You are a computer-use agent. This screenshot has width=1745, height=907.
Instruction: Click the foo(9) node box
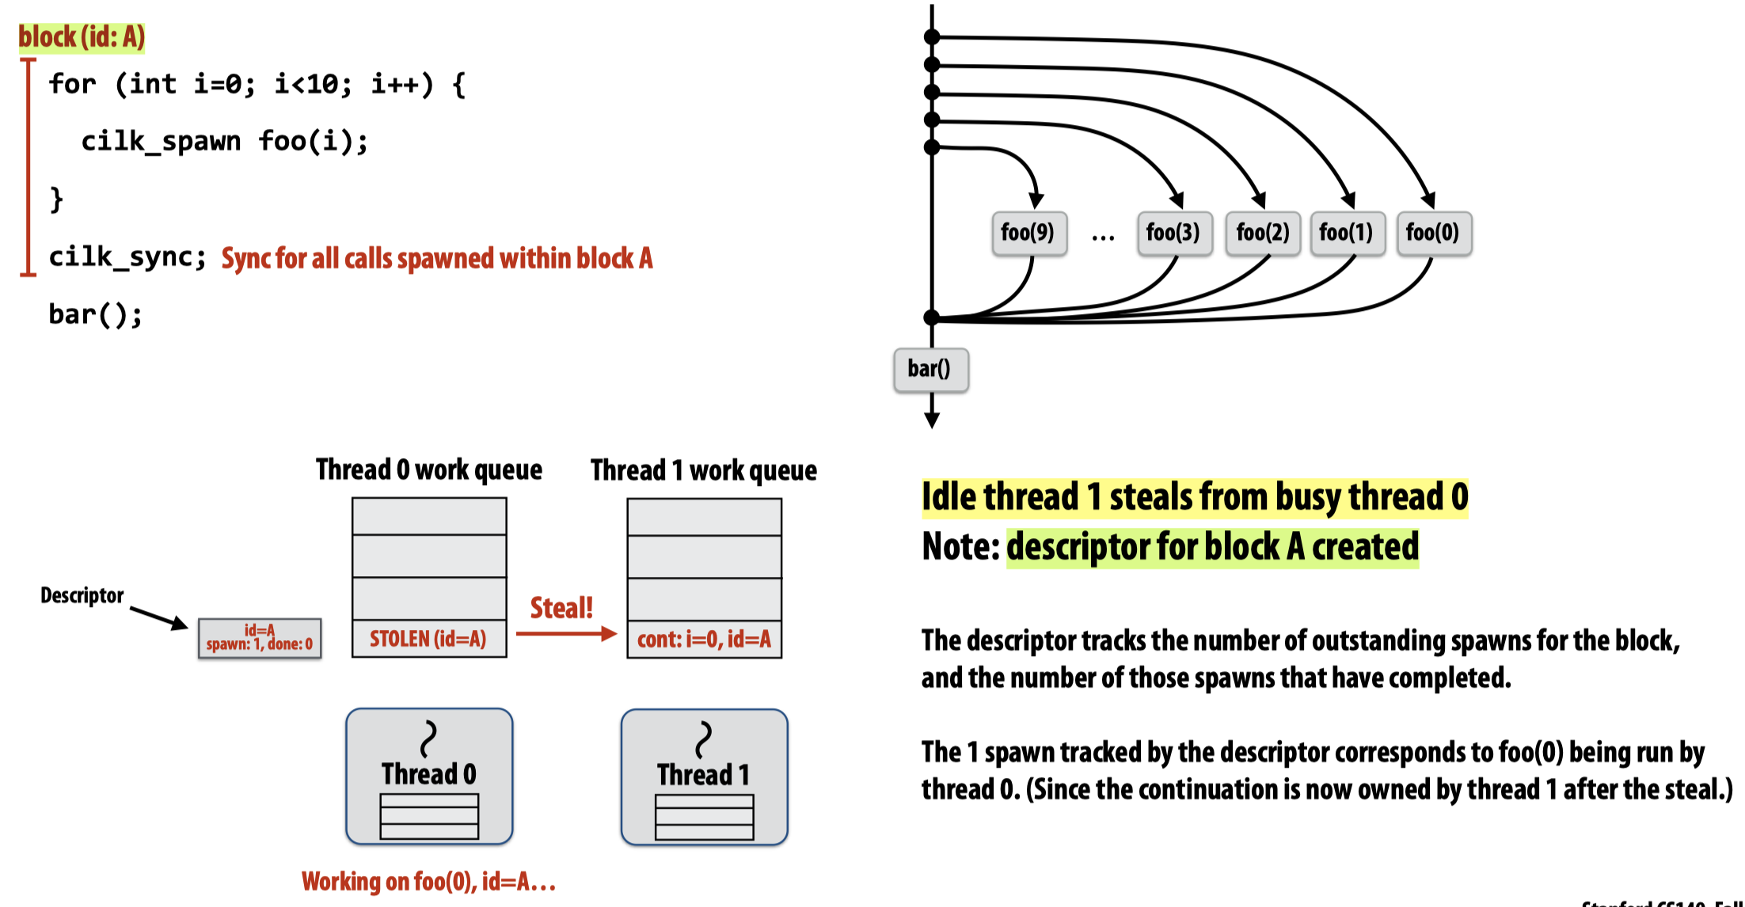point(1028,233)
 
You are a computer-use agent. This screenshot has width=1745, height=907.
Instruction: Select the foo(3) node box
point(1174,233)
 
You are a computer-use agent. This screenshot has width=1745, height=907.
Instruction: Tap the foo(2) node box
point(1263,233)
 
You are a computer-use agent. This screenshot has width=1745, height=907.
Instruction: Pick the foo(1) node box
point(1347,233)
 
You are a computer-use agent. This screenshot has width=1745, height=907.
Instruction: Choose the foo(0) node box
point(1433,233)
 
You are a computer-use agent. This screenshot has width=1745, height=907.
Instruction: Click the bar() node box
point(930,370)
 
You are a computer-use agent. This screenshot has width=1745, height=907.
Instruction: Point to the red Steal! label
point(561,608)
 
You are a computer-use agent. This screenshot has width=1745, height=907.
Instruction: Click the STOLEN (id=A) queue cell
point(428,639)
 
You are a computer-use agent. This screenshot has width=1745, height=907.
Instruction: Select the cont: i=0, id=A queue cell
point(704,639)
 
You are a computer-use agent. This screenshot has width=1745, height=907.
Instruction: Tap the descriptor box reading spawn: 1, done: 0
point(260,638)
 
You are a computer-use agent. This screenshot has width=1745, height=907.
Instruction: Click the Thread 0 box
point(429,776)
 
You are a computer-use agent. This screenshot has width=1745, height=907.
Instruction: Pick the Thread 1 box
point(704,776)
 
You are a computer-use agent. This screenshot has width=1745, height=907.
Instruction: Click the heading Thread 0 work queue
point(429,470)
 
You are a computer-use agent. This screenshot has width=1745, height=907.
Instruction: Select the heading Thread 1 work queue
point(704,471)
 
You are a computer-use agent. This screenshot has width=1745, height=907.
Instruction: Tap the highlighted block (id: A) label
point(82,37)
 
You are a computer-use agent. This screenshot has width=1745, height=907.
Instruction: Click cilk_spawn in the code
point(161,141)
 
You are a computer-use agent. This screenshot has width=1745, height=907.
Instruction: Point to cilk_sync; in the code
point(127,256)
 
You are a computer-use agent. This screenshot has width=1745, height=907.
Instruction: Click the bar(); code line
point(95,314)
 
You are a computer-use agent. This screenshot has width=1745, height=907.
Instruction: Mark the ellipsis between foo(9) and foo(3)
point(1102,236)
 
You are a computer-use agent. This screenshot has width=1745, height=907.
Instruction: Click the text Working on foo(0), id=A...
point(428,881)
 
